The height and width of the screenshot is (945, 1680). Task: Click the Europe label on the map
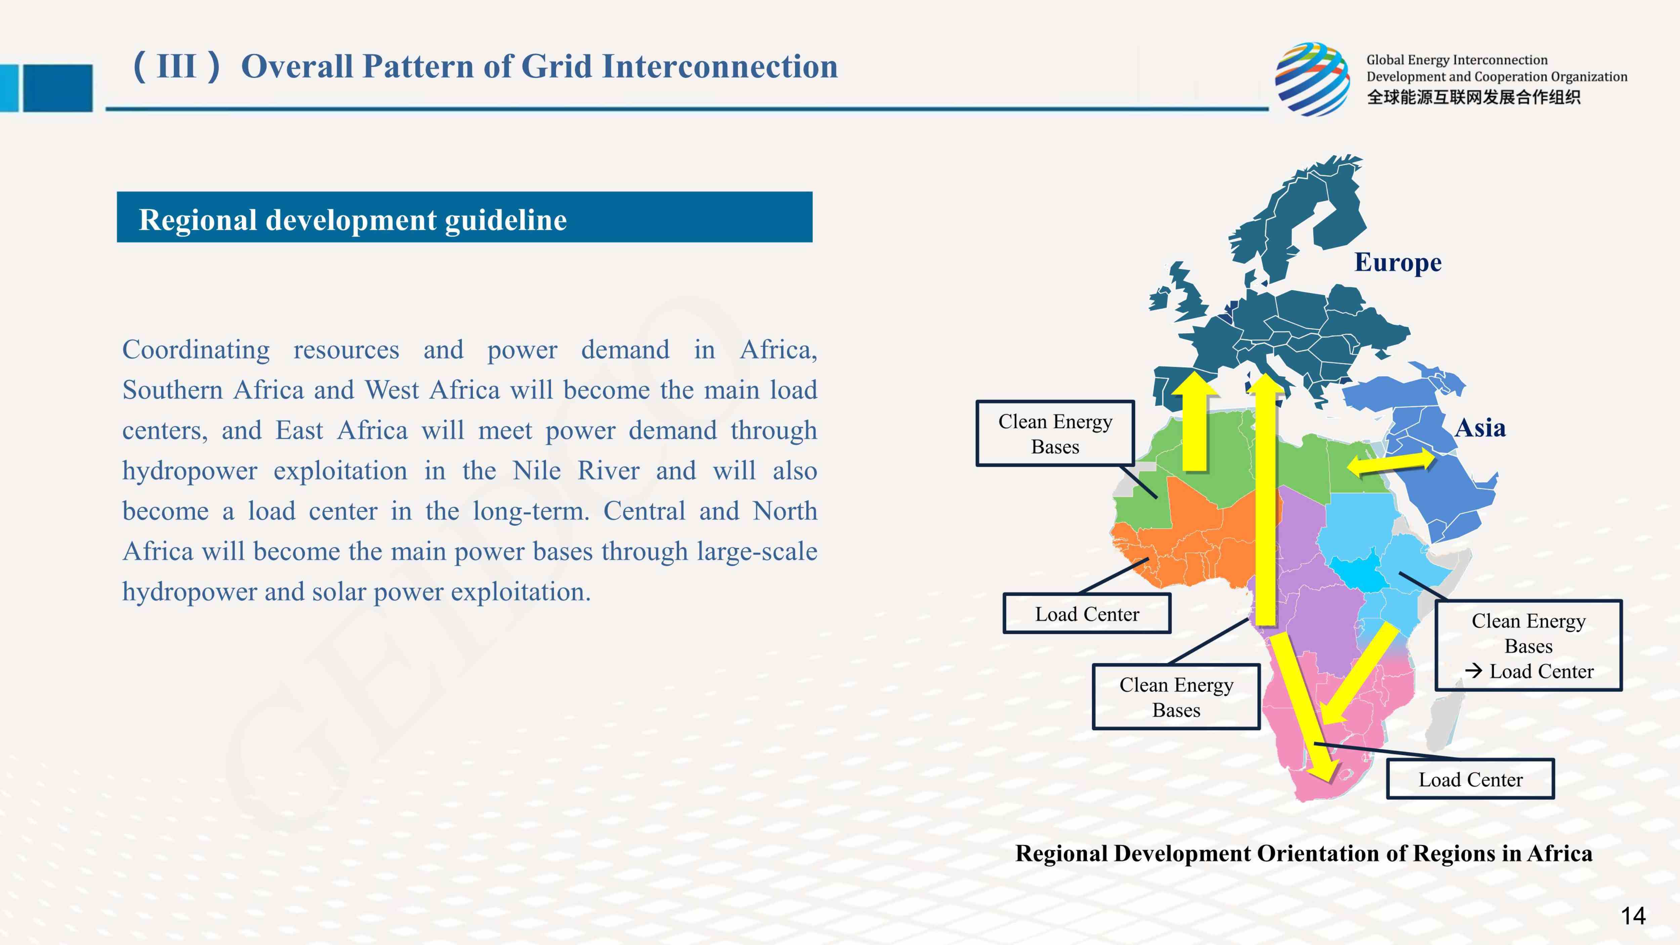[x=1398, y=263]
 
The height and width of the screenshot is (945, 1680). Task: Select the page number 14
[x=1633, y=916]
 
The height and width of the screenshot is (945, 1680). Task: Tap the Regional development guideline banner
[x=464, y=217]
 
